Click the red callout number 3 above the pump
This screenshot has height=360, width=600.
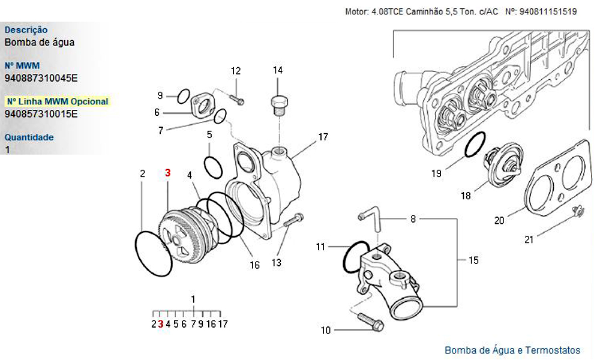tap(167, 173)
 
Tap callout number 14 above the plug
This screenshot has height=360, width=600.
tap(278, 70)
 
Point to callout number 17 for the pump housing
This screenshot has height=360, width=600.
tap(323, 137)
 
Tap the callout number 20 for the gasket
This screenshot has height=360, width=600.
tap(499, 220)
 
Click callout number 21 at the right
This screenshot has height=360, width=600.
tap(529, 240)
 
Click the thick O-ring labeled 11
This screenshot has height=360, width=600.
tap(355, 257)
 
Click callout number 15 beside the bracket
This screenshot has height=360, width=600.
tap(473, 260)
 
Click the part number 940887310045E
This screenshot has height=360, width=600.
tap(41, 77)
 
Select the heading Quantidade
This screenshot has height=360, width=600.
tap(29, 137)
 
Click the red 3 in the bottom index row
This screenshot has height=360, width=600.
tap(160, 324)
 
